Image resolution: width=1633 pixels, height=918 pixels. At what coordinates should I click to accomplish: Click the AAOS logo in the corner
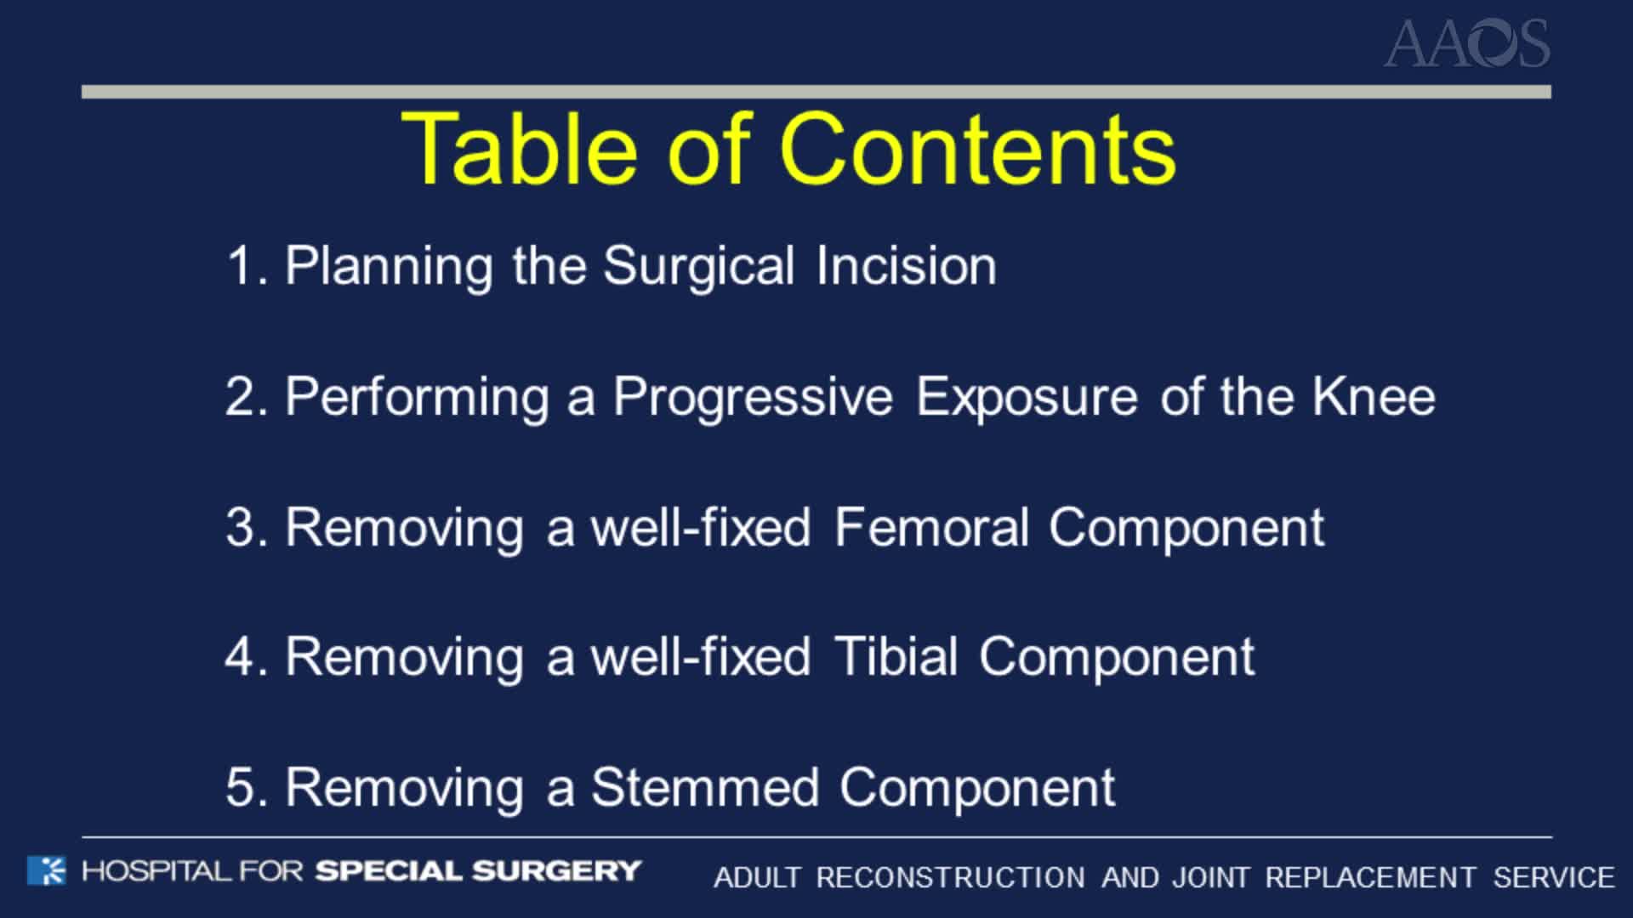(1466, 44)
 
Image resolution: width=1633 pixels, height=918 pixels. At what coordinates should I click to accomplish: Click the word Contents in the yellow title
(977, 149)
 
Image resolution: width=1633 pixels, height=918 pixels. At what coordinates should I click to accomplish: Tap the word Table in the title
(519, 149)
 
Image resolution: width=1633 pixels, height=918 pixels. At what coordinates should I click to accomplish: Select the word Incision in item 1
(906, 266)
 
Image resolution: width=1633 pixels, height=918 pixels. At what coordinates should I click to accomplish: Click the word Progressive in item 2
(753, 397)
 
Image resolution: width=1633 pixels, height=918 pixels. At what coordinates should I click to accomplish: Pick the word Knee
(1373, 396)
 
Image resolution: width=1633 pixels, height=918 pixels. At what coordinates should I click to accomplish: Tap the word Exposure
(1026, 398)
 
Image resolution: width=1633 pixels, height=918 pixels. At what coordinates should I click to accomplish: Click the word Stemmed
(704, 787)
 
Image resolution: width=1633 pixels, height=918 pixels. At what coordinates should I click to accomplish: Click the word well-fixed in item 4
(700, 657)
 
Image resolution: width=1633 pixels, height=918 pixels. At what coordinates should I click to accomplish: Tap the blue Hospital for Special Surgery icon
(46, 870)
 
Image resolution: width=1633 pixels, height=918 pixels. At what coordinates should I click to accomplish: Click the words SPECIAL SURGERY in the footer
(478, 871)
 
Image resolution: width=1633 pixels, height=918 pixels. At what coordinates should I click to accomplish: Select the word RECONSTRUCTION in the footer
(950, 877)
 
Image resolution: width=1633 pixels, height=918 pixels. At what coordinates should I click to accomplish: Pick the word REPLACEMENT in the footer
(1370, 877)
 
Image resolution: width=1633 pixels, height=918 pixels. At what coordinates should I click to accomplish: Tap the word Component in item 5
(976, 788)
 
